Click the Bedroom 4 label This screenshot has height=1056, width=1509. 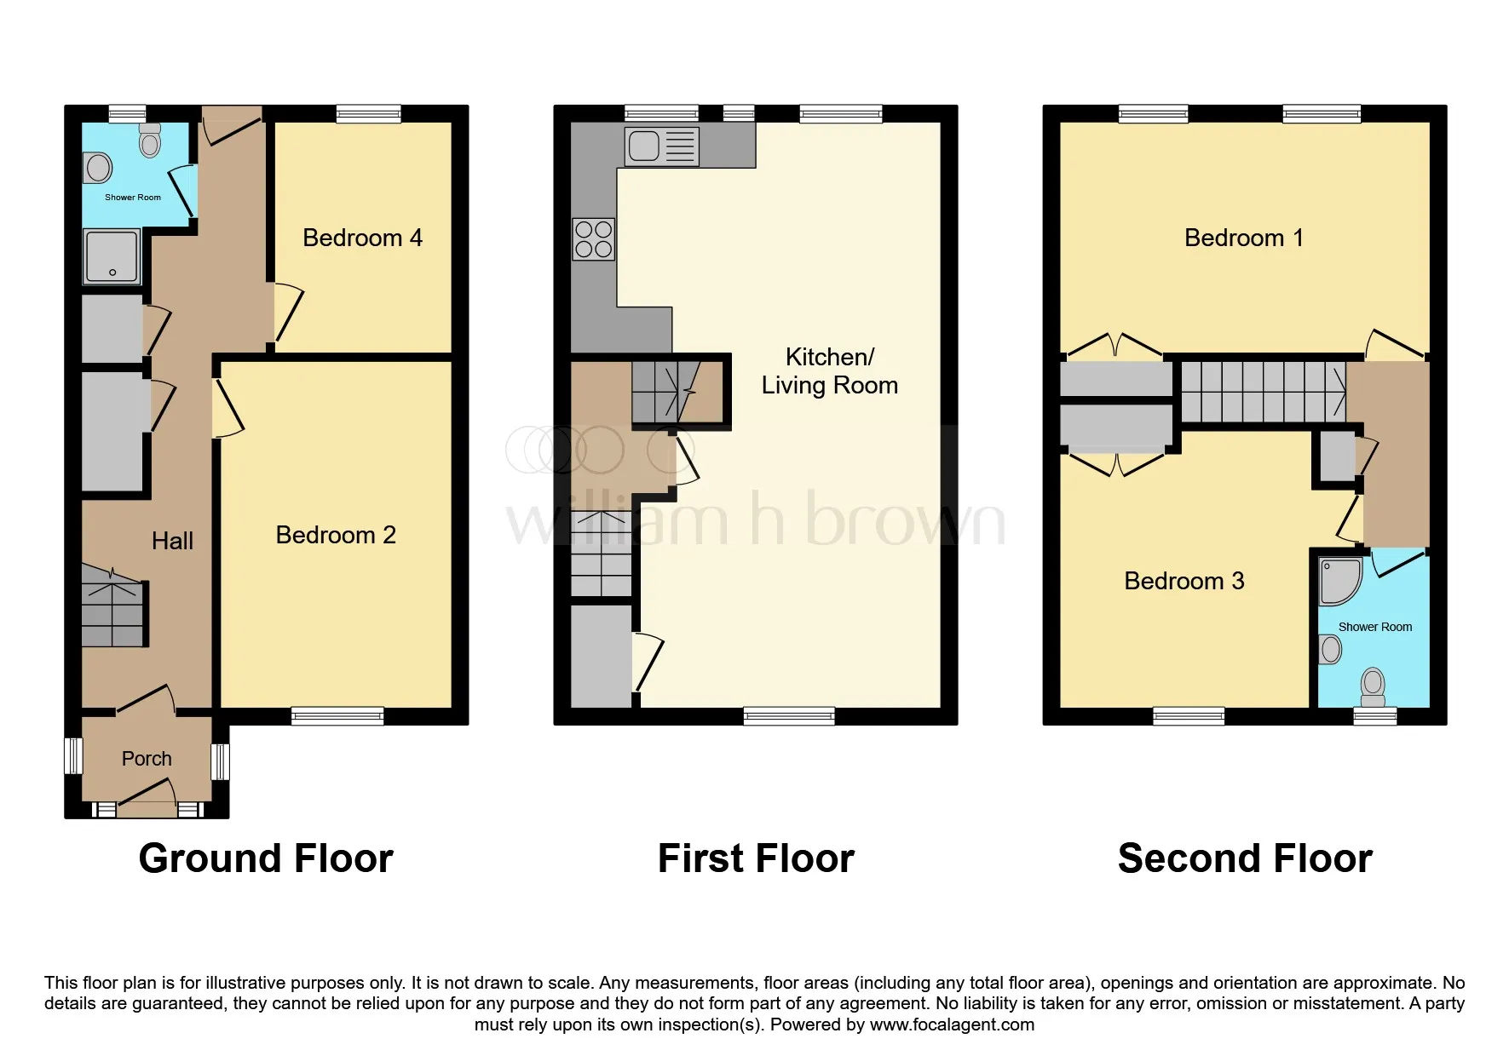point(362,238)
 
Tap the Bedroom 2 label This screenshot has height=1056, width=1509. point(336,535)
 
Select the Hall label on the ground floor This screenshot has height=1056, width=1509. point(172,541)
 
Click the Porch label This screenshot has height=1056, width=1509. point(147,759)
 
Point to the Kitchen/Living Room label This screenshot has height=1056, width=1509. point(829,371)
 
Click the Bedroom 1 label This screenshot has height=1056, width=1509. point(1244,238)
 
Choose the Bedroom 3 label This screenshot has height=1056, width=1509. point(1184,581)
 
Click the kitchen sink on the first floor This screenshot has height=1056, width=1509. point(662,146)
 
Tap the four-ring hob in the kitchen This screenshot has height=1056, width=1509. point(594,239)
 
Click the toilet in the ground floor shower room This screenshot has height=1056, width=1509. point(150,141)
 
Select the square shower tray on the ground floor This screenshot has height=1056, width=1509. point(112,256)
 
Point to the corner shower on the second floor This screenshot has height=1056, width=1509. point(1340,581)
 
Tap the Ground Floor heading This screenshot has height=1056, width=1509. point(266,858)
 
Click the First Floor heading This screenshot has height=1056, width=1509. point(756,858)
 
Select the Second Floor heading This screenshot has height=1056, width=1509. point(1245,858)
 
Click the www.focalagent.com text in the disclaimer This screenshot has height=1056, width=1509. point(952,1024)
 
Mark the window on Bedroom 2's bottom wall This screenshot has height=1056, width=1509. point(337,716)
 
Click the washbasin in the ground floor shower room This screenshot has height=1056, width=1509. point(99,168)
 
